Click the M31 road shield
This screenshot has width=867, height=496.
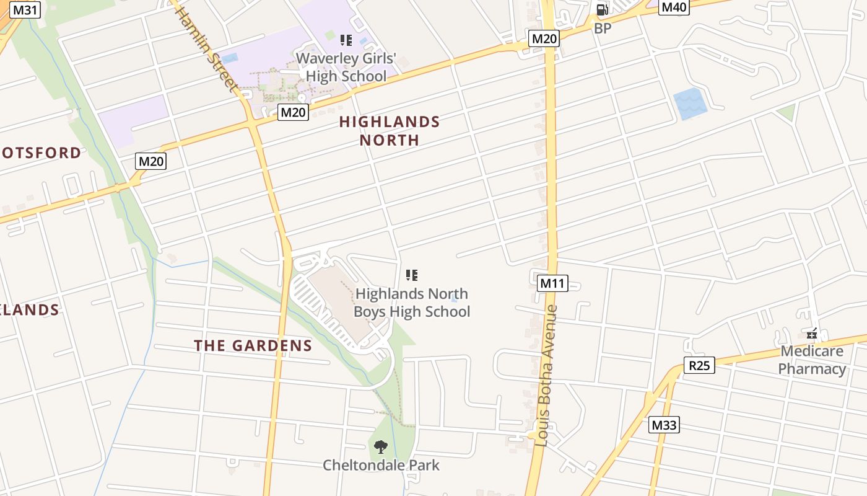(25, 10)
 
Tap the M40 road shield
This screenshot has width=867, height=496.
(674, 7)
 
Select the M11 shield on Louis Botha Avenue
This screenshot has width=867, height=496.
(552, 283)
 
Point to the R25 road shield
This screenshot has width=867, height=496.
(699, 365)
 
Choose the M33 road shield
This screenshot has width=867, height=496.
(664, 425)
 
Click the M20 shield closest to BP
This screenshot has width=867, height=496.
(544, 39)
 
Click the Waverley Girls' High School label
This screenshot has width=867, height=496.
(346, 68)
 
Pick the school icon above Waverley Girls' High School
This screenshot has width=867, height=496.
(346, 40)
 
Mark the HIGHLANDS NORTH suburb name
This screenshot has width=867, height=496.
(390, 131)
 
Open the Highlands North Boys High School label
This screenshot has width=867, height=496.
(412, 303)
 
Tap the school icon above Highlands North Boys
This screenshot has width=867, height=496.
(412, 275)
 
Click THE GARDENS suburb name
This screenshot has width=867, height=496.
(253, 346)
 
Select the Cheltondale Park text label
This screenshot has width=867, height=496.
(381, 465)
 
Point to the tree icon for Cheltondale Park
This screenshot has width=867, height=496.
(381, 446)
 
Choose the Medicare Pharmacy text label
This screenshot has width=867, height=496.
(812, 360)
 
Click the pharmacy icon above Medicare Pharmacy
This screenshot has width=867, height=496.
(812, 334)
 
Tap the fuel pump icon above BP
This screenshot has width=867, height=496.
(602, 9)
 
